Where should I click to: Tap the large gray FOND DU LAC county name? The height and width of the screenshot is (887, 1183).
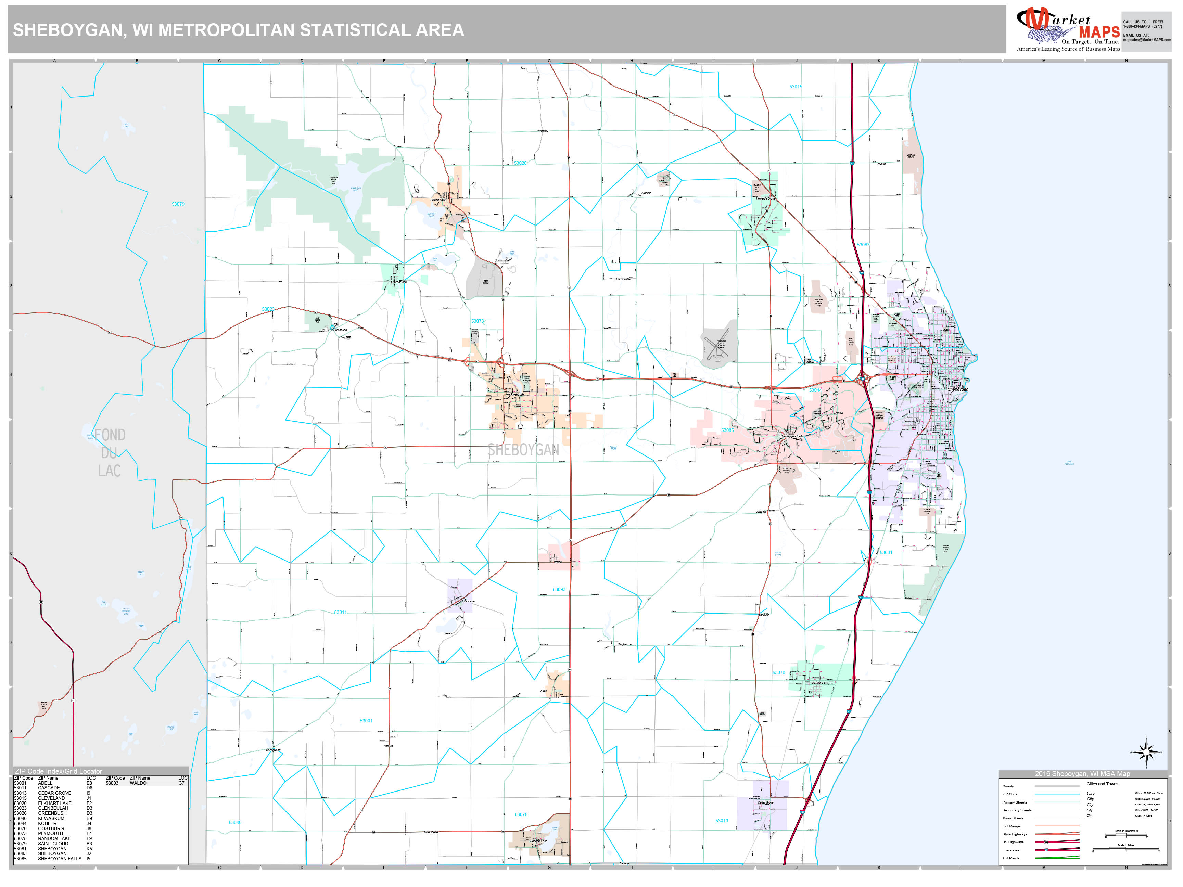[x=110, y=453]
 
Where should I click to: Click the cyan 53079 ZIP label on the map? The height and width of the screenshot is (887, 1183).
[x=178, y=204]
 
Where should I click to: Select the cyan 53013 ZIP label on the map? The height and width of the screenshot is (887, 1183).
[x=722, y=821]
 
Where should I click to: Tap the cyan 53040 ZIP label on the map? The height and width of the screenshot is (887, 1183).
[x=235, y=822]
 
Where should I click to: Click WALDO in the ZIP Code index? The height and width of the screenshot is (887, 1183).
[x=138, y=783]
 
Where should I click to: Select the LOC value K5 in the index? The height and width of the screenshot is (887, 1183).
[x=89, y=849]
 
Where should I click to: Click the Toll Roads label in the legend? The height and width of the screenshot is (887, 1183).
[x=1011, y=858]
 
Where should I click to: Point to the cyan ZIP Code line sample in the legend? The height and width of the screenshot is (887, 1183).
[x=1057, y=795]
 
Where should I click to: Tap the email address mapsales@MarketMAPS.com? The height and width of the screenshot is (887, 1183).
[x=1147, y=40]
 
